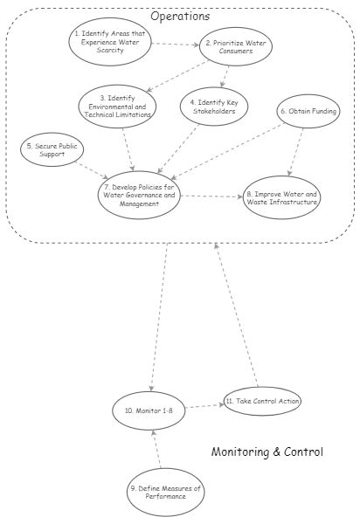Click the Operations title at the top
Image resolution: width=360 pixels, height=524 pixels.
click(180, 16)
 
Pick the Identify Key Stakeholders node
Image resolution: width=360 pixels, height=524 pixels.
click(218, 107)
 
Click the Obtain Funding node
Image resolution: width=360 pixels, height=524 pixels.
click(307, 112)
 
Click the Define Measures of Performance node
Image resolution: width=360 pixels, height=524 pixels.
click(164, 492)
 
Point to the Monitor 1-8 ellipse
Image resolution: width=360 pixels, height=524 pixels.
click(150, 410)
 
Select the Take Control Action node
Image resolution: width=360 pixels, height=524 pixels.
click(262, 401)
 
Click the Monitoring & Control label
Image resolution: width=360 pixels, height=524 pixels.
click(267, 452)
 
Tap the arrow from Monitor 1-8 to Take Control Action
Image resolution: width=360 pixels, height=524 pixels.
click(204, 405)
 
